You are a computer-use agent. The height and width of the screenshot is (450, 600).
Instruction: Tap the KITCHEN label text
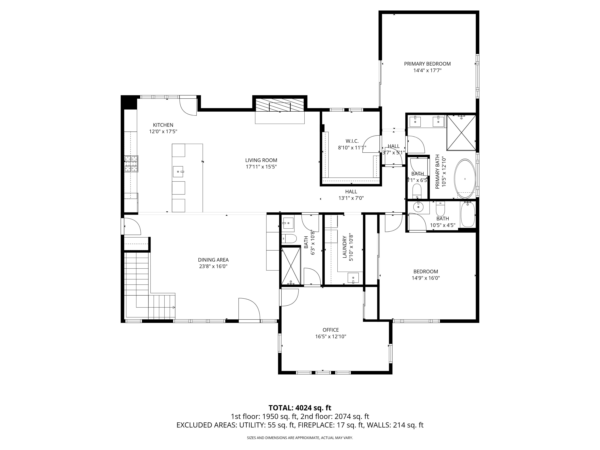tap(163, 125)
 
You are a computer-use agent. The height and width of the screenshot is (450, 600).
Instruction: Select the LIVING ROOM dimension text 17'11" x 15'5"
tap(261, 167)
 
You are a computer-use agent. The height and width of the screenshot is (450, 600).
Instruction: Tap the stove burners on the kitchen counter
tap(131, 164)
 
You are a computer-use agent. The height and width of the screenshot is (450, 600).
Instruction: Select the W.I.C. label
tap(352, 141)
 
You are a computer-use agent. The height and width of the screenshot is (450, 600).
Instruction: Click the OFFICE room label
tap(331, 330)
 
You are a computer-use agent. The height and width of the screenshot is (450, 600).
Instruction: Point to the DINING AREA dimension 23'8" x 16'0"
tap(213, 266)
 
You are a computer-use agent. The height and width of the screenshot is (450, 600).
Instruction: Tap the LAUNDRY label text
tap(345, 247)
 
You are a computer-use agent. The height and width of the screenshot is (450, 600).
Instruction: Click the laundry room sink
tap(353, 278)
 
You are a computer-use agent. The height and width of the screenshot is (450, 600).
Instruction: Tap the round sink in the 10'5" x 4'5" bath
tap(418, 207)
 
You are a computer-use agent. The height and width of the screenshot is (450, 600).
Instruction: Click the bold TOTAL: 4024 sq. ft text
tap(300, 415)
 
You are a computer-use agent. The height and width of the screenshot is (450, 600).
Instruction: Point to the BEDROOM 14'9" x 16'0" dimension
tap(426, 278)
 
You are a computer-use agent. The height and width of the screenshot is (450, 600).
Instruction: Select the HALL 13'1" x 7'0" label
tap(351, 195)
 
